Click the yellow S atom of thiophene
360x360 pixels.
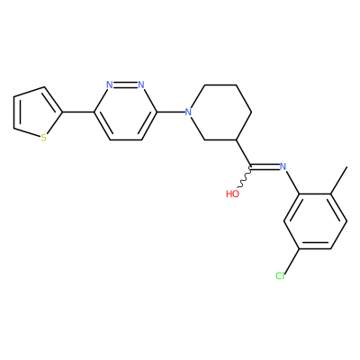point(44,138)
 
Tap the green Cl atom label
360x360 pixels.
point(280,275)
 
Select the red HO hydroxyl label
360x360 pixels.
point(233,193)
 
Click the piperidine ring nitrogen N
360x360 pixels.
point(188,112)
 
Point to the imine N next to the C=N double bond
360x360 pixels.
point(283,166)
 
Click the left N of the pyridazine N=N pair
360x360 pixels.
point(110,85)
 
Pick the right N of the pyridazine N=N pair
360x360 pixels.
point(141,85)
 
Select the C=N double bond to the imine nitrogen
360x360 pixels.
point(265,166)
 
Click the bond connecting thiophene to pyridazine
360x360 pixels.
point(78,112)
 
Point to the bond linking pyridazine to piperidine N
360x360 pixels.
point(170,112)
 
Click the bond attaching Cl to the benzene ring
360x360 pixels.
point(292,260)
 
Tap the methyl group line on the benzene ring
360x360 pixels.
point(339,180)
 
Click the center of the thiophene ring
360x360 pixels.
point(35,113)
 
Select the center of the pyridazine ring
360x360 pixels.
point(125,112)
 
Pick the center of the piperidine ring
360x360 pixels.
point(220,112)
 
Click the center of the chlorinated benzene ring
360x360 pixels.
point(315,221)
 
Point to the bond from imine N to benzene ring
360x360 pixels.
point(292,183)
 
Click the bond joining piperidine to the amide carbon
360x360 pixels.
point(244,153)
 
